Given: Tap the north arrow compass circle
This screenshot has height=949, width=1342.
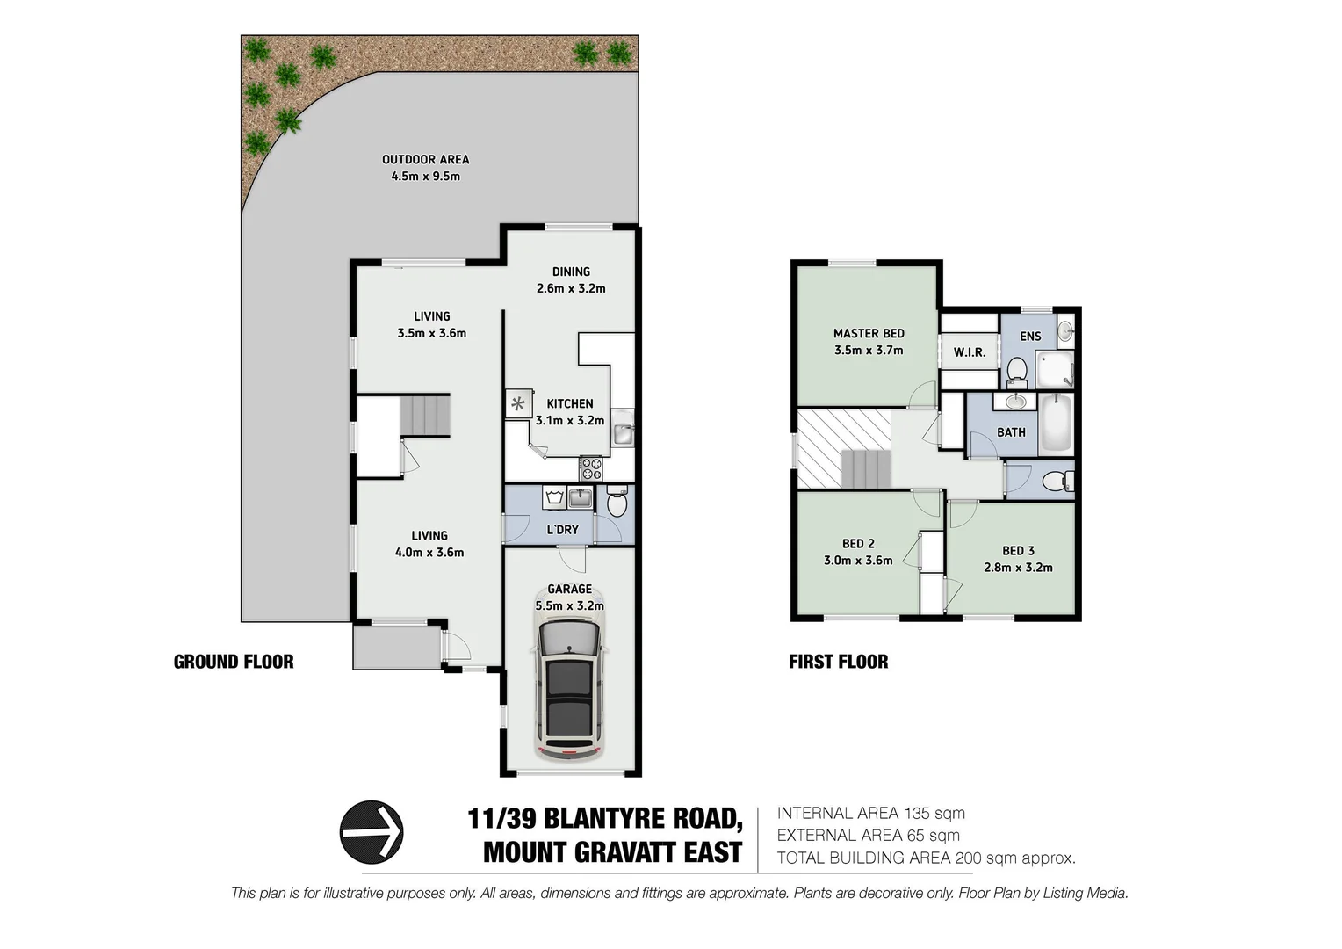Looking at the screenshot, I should pyautogui.click(x=372, y=831).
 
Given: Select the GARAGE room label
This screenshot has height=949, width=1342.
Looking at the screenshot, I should pyautogui.click(x=569, y=590).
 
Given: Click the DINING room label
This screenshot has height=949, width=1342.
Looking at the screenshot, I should pyautogui.click(x=571, y=272).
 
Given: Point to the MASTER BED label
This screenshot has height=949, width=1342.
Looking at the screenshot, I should pyautogui.click(x=869, y=333).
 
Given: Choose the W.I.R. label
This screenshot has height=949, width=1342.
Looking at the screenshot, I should pyautogui.click(x=970, y=352).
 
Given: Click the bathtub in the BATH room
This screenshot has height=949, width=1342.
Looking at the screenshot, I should pyautogui.click(x=1055, y=424).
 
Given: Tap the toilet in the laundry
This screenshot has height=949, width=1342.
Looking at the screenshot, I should pyautogui.click(x=617, y=503).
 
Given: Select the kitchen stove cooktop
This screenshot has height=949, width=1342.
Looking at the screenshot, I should pyautogui.click(x=590, y=467).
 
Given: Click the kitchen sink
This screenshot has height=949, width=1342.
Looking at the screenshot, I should pyautogui.click(x=623, y=432).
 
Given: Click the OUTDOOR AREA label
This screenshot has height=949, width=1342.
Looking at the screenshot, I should pyautogui.click(x=425, y=159).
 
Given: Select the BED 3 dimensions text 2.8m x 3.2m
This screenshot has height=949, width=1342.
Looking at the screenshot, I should pyautogui.click(x=1018, y=568).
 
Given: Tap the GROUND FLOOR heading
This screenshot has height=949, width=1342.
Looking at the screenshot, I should pyautogui.click(x=234, y=662).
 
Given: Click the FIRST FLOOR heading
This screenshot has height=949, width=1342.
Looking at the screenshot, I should pyautogui.click(x=838, y=662).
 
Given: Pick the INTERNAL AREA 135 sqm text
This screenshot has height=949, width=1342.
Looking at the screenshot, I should pyautogui.click(x=870, y=814).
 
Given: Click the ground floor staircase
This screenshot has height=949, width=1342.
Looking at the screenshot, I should pyautogui.click(x=425, y=415).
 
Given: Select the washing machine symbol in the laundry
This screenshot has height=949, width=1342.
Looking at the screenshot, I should pyautogui.click(x=553, y=498).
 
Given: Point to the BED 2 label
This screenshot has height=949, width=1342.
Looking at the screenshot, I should pyautogui.click(x=858, y=544).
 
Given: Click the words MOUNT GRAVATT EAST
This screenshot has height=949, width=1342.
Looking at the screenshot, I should pyautogui.click(x=612, y=852).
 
